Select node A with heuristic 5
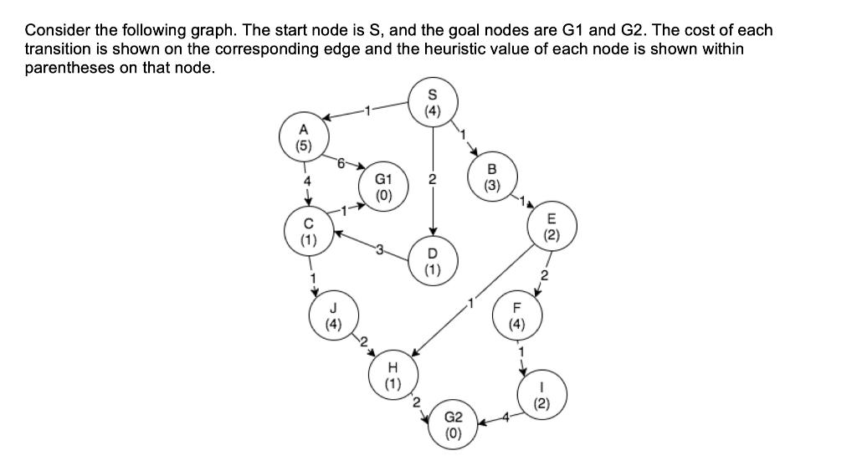coord(304,136)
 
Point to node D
coord(432,261)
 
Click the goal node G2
coord(452,424)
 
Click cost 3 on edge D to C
coord(379,246)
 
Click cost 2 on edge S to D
coord(432,178)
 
